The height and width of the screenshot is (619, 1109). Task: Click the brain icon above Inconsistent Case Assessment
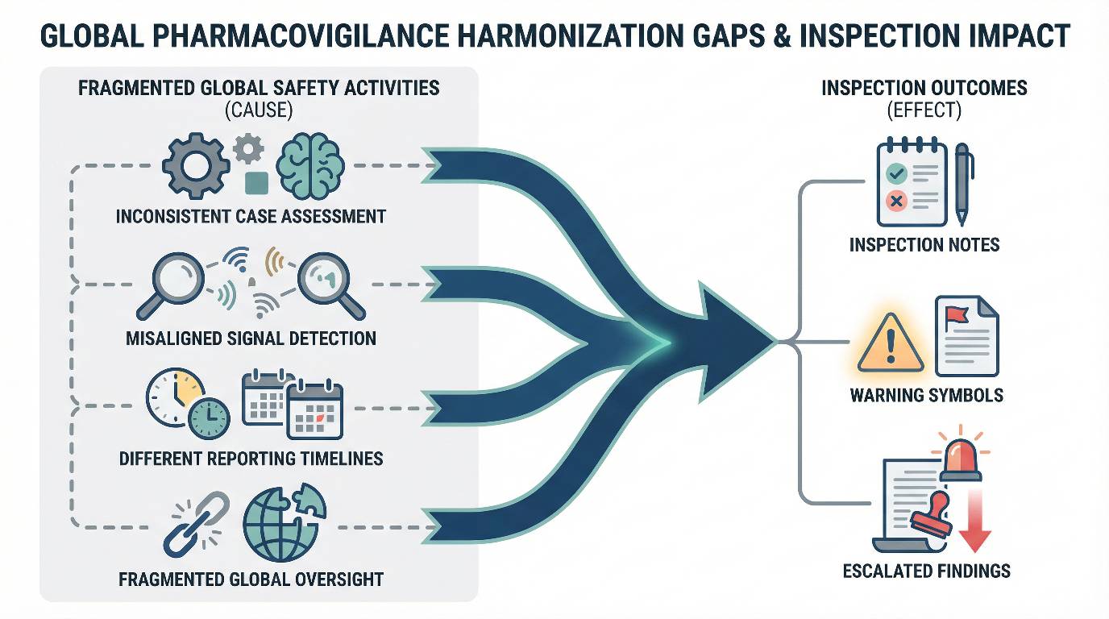310,165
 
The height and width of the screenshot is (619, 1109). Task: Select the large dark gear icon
196,166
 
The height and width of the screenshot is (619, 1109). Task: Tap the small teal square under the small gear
257,183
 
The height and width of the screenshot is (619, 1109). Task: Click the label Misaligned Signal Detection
251,339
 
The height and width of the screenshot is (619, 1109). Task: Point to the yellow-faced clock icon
176,397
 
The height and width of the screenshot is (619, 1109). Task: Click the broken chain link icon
197,525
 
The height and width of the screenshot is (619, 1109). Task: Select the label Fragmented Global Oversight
251,580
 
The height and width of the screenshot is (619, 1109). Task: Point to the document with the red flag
966,336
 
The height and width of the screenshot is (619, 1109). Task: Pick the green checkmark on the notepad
896,173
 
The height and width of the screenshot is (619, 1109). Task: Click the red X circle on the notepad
896,201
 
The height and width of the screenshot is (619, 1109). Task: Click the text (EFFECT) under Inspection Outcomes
924,110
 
